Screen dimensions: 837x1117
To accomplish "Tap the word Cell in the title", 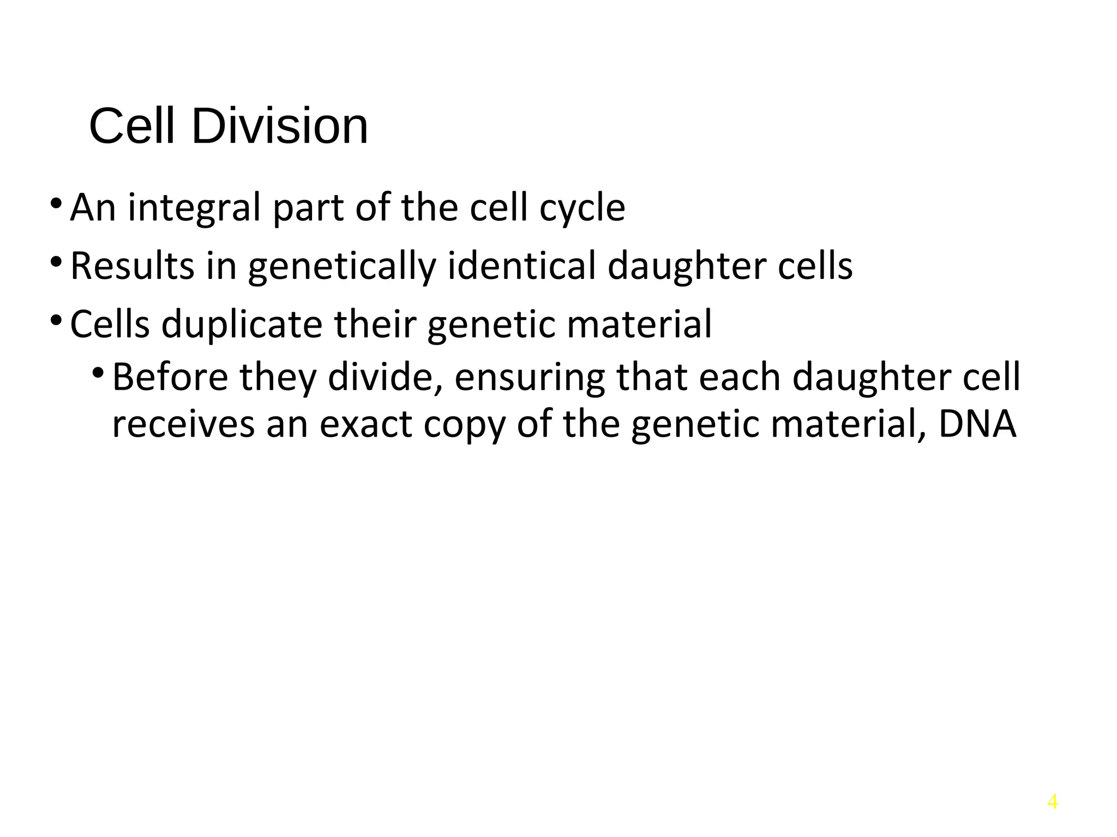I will [x=132, y=126].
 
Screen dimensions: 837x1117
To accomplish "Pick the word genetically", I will [x=343, y=267].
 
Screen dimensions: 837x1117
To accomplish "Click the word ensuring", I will [x=530, y=378].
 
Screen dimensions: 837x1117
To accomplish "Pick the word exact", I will [x=366, y=424].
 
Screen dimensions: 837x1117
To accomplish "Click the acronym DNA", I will [x=977, y=423].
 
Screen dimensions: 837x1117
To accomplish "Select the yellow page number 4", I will [x=1053, y=802].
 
